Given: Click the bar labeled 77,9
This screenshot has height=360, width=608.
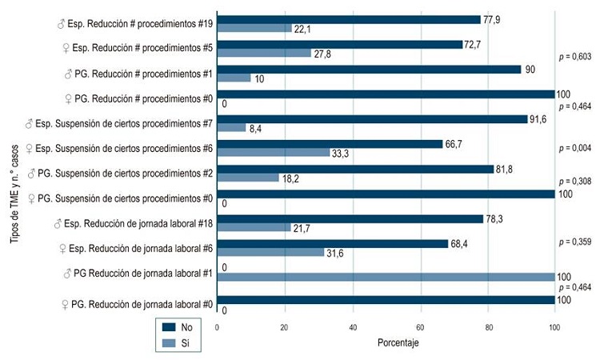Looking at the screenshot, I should pyautogui.click(x=349, y=19).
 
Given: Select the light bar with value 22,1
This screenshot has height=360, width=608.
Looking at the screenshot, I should pyautogui.click(x=254, y=29).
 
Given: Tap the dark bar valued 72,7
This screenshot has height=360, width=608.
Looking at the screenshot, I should pyautogui.click(x=340, y=44).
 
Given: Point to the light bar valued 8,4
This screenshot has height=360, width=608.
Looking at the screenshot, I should pyautogui.click(x=232, y=128).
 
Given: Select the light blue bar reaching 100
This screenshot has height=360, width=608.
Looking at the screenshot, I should pyautogui.click(x=386, y=277).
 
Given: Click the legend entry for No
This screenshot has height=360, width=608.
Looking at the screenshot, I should pyautogui.click(x=177, y=327).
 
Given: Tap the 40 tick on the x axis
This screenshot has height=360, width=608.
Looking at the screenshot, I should pyautogui.click(x=353, y=326).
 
